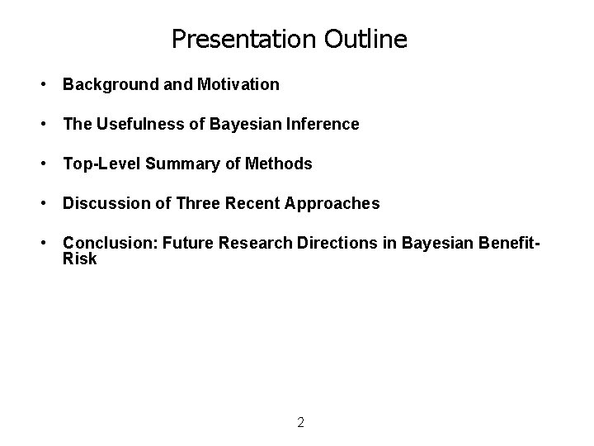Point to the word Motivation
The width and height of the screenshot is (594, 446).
pyautogui.click(x=238, y=84)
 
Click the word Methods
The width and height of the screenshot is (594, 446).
pyautogui.click(x=282, y=164)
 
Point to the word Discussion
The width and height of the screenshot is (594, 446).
pyautogui.click(x=104, y=203)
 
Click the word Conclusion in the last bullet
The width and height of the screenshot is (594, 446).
pyautogui.click(x=109, y=243)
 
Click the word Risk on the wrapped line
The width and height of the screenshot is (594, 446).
pyautogui.click(x=80, y=259)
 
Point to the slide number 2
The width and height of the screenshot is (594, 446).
pyautogui.click(x=300, y=423)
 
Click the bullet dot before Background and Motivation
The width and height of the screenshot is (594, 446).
pyautogui.click(x=40, y=84)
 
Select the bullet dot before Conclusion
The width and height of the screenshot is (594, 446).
pyautogui.click(x=40, y=243)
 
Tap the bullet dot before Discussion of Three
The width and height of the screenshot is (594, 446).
pyautogui.click(x=40, y=203)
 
